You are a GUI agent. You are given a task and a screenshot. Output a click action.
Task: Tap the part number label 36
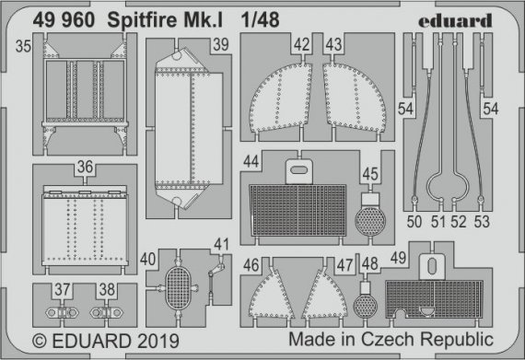pyautogui.click(x=85, y=168)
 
